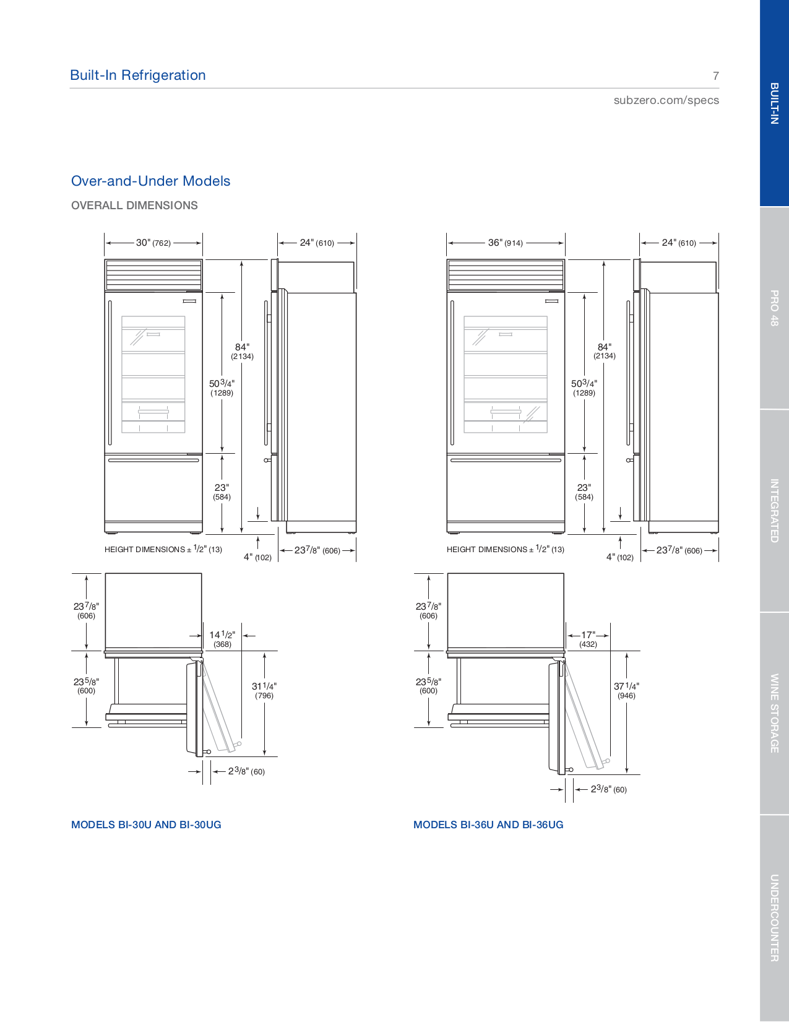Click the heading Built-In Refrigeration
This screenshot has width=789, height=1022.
(137, 76)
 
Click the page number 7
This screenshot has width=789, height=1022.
(715, 76)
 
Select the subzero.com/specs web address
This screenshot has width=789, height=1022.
(666, 100)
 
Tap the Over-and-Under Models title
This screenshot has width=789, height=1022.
(150, 181)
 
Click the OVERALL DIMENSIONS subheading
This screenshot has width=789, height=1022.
(134, 206)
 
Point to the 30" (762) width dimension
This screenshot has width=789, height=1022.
(153, 243)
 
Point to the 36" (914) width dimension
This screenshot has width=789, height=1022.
(505, 243)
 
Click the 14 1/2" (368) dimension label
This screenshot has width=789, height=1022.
(222, 639)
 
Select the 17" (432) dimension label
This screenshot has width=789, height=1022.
(588, 639)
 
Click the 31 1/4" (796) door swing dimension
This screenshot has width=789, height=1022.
(264, 690)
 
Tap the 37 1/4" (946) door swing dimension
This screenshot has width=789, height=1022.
(626, 690)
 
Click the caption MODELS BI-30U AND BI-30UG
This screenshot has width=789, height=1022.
(146, 825)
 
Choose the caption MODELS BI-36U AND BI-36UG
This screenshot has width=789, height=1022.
(488, 825)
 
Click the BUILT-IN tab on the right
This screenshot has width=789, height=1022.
(774, 103)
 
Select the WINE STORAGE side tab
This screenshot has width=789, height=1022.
(774, 713)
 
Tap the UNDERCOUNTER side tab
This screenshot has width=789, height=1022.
(774, 917)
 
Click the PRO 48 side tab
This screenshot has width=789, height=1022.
(774, 308)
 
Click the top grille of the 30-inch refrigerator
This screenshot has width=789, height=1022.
(153, 274)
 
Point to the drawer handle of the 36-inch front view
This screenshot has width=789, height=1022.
(506, 461)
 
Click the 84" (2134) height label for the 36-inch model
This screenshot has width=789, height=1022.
(604, 351)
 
